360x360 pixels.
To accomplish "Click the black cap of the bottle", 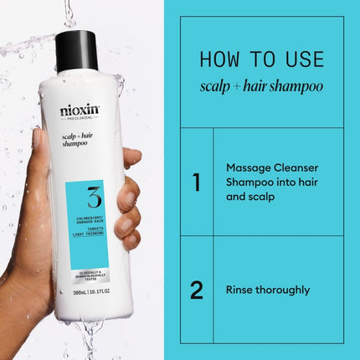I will (77, 50).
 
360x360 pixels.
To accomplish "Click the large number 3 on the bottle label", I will (93, 199).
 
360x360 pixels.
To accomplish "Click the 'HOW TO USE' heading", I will (261, 60).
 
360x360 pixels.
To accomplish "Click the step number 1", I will (197, 182).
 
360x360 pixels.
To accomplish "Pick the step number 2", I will (197, 290).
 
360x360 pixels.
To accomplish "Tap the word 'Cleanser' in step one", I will (295, 167).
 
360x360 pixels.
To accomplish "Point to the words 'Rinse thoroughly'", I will (268, 290).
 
